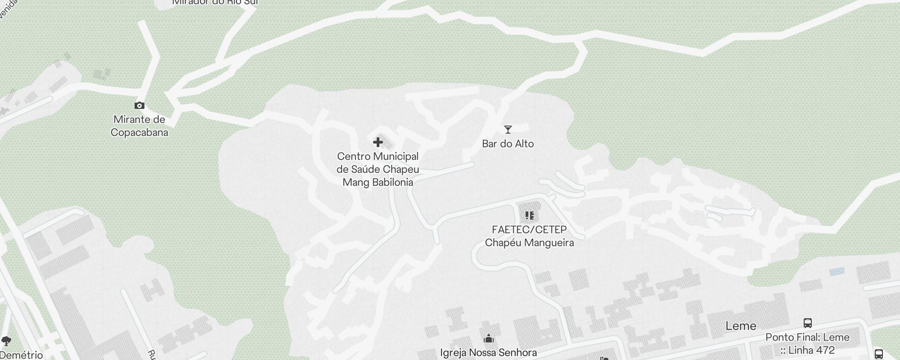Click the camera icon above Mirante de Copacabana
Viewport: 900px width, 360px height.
[139, 106]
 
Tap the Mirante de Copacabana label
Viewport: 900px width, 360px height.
[139, 126]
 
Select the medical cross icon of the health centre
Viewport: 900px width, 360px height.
[378, 143]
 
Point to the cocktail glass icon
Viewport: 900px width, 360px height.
[508, 130]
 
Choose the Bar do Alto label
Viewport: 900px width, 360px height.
[508, 144]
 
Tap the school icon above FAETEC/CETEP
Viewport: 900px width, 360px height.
[529, 216]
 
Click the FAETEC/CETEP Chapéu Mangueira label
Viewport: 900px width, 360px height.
[529, 236]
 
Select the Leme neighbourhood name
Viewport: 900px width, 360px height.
[741, 326]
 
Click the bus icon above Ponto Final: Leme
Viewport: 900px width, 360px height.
[808, 323]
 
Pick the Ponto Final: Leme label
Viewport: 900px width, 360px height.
[808, 337]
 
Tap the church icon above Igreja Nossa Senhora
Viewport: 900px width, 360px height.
[489, 338]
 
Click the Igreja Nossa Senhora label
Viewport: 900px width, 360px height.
[489, 352]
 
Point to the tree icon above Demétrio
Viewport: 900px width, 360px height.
[6, 341]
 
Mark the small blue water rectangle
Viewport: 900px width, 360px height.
[837, 271]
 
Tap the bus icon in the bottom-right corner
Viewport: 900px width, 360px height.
[879, 354]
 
